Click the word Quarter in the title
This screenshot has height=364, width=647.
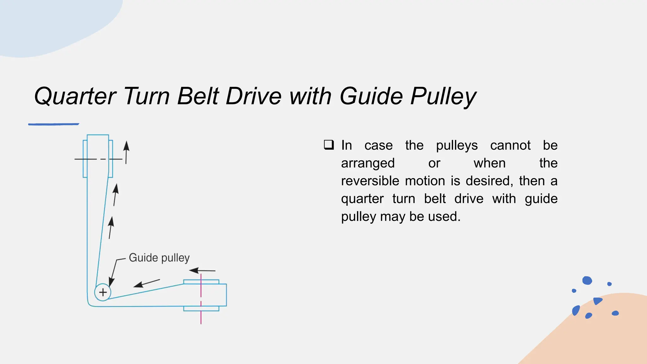(75, 96)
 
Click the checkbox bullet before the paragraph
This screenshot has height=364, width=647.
(329, 145)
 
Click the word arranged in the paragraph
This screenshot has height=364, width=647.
(368, 163)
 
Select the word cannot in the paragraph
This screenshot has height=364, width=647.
(510, 145)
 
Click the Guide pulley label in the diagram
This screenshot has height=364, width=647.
(159, 258)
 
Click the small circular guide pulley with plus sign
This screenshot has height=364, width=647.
(103, 292)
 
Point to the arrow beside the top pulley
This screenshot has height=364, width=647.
(126, 152)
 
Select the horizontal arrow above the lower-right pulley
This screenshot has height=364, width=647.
(202, 270)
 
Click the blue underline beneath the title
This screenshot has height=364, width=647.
(53, 124)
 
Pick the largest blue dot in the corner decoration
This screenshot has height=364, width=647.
(587, 280)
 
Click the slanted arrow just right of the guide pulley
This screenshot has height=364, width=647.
(147, 283)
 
